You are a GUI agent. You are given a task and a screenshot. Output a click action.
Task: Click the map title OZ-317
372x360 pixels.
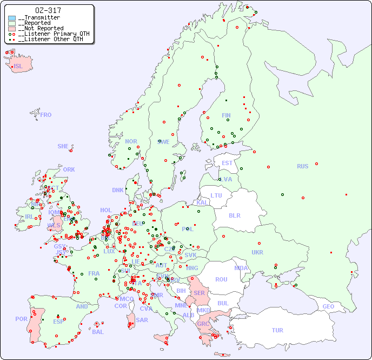click(x=48, y=10)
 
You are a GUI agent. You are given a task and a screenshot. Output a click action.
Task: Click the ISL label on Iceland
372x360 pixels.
click(x=18, y=67)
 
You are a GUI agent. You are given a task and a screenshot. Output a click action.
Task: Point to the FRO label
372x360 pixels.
click(x=46, y=115)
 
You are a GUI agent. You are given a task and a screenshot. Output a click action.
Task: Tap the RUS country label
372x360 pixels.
click(x=302, y=166)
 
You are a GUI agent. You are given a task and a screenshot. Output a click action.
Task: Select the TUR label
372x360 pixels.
click(x=277, y=330)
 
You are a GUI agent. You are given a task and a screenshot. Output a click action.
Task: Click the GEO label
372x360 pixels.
click(x=328, y=306)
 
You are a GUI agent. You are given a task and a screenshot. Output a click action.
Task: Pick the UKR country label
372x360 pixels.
click(x=257, y=252)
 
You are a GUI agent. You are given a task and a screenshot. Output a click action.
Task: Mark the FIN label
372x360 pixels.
click(x=226, y=115)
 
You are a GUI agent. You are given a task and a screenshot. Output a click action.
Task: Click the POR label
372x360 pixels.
click(x=21, y=319)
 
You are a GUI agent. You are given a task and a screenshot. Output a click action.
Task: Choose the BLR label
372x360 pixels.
click(x=235, y=215)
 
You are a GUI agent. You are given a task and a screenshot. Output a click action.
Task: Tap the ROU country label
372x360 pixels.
click(x=221, y=279)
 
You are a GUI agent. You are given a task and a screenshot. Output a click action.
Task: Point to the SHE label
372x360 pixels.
click(x=63, y=146)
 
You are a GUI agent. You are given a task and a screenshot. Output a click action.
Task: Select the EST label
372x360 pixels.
click(x=227, y=163)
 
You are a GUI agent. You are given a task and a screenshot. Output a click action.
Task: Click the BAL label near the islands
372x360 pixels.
click(x=97, y=332)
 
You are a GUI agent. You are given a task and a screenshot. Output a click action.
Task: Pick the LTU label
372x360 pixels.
click(x=216, y=195)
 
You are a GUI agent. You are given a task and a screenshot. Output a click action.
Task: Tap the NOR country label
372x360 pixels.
click(x=131, y=141)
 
